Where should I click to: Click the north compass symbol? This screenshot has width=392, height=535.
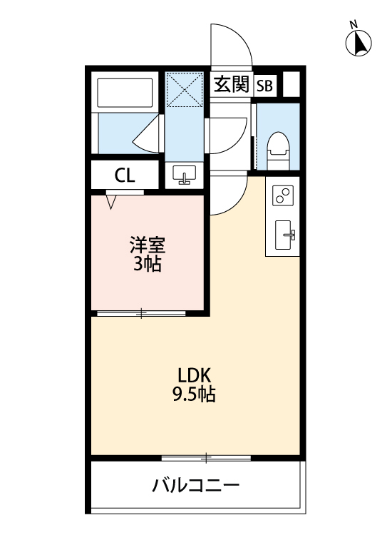pyautogui.click(x=359, y=44)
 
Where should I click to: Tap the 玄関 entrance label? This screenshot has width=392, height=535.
pyautogui.click(x=231, y=86)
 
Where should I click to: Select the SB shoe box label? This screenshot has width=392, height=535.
pyautogui.click(x=264, y=86)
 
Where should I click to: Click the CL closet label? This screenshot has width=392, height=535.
pyautogui.click(x=125, y=175)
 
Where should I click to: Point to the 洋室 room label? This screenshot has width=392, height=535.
pyautogui.click(x=147, y=247)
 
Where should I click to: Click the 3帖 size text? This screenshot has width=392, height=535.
pyautogui.click(x=147, y=265)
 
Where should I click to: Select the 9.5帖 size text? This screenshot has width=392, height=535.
pyautogui.click(x=195, y=394)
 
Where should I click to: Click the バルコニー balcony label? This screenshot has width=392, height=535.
pyautogui.click(x=195, y=487)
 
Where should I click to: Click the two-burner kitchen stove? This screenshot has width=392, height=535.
pyautogui.click(x=283, y=195)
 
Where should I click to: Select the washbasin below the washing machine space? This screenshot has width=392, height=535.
pyautogui.click(x=185, y=175)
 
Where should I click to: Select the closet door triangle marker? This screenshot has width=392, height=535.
pyautogui.click(x=111, y=201)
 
